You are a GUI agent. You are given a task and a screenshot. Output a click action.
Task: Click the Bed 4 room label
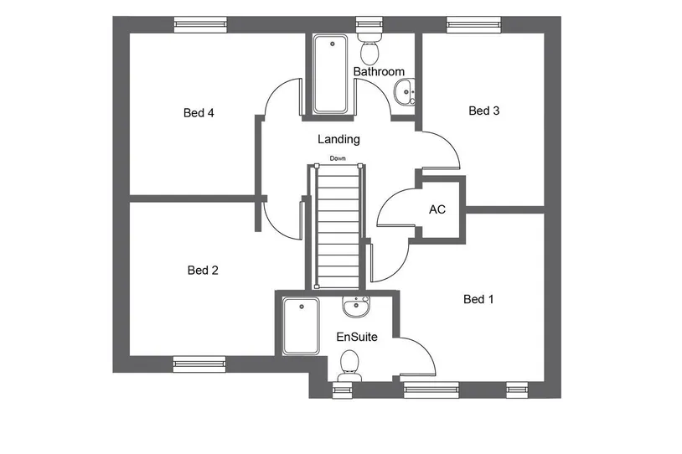[199, 113]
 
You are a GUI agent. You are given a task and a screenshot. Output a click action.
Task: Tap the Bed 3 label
[484, 111]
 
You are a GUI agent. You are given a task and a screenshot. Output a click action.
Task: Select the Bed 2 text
[203, 271]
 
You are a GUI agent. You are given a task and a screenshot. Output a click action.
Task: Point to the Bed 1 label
[478, 299]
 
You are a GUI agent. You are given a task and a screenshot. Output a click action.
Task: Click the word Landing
[338, 139]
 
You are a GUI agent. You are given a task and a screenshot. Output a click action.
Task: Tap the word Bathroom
[379, 71]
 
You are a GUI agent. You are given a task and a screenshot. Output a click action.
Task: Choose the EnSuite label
[357, 337]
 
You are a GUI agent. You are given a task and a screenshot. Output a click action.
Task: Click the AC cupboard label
[437, 209]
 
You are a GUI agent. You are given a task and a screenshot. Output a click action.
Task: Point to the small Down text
[338, 158]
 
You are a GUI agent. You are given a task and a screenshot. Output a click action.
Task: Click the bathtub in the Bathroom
[331, 74]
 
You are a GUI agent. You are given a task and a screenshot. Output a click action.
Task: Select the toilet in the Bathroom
[369, 48]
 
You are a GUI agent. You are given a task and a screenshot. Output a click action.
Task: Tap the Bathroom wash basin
[405, 92]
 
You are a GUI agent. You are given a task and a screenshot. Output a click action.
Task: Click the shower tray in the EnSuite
[301, 326]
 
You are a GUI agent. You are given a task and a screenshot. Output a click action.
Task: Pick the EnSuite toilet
[349, 366]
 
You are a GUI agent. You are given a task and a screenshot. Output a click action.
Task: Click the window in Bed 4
[200, 25]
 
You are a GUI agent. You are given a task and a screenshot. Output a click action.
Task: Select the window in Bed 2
[199, 364]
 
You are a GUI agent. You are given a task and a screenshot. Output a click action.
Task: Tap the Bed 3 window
[473, 25]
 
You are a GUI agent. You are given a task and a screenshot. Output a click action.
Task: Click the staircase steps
[338, 226]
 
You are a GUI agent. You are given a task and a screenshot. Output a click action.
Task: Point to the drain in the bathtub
[333, 44]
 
